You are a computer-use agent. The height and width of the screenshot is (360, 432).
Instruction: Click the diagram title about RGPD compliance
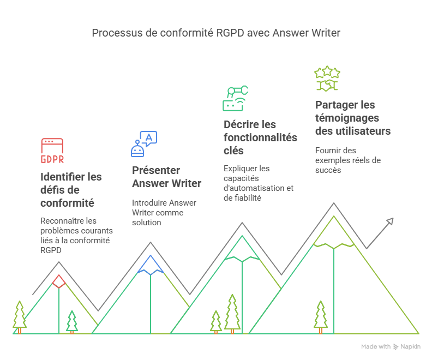(x=215, y=33)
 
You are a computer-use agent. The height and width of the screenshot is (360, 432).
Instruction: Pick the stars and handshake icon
(x=327, y=79)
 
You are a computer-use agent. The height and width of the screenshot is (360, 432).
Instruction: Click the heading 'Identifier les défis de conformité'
(x=71, y=190)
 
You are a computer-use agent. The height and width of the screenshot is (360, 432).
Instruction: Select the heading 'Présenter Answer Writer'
(x=166, y=177)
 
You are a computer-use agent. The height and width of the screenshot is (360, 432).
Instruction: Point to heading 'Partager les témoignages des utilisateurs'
(x=353, y=118)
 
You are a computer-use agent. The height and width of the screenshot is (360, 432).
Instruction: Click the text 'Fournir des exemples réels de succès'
(x=348, y=160)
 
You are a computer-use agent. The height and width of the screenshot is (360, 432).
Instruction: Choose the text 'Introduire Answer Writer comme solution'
(x=164, y=213)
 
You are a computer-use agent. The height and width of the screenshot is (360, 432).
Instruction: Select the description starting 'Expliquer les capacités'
(x=259, y=183)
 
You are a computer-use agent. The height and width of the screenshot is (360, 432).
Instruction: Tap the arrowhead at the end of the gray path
(x=389, y=221)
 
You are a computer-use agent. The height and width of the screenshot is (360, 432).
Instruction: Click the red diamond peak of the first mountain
(x=59, y=281)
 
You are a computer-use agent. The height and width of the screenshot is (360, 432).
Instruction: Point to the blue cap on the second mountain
(x=151, y=264)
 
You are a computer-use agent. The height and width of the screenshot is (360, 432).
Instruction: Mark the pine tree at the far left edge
(x=20, y=316)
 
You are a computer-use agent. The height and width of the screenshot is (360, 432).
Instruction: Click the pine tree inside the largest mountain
(x=321, y=316)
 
